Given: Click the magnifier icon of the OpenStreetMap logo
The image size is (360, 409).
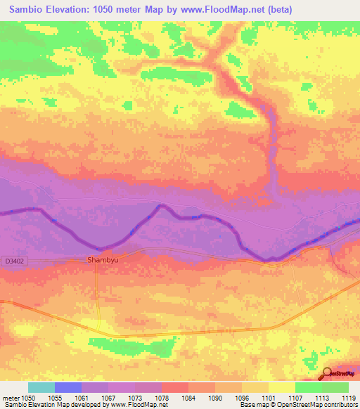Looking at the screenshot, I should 327,374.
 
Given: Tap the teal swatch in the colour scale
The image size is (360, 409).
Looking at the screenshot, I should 41,387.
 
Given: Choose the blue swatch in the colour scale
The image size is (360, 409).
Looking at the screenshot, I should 68,387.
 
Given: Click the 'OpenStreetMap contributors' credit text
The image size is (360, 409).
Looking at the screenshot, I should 319,405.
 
